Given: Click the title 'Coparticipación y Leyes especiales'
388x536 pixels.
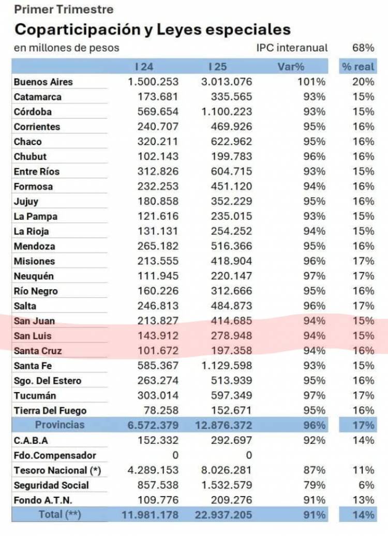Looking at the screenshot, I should coord(152,29).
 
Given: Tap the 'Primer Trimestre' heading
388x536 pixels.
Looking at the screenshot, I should coord(64,9).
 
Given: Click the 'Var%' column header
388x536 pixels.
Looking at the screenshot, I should coord(291,66).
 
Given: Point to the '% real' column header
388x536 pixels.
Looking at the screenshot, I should coord(357,66).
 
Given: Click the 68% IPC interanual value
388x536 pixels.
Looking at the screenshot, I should coord(363,48).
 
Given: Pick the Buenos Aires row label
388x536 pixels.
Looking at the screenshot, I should coord(43,82).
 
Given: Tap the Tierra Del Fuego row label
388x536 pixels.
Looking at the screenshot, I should coord(50,411).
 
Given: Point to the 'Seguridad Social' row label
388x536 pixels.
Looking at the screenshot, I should coord(51,485).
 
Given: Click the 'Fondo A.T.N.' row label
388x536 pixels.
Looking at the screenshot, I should coord(43,500).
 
